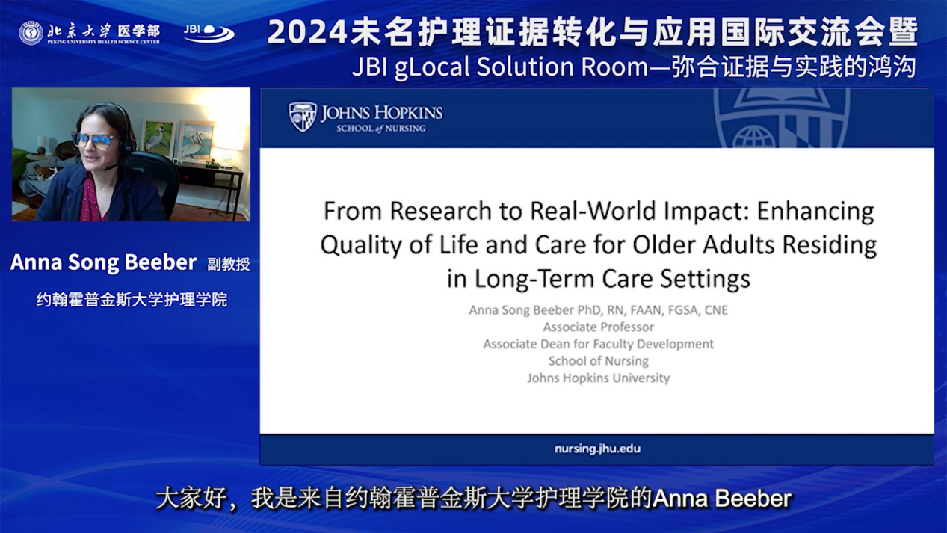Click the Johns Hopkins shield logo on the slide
click(x=302, y=117)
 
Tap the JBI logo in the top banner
click(x=209, y=33)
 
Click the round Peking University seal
click(x=31, y=33)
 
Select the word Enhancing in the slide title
click(x=815, y=212)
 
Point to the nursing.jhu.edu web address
click(x=597, y=449)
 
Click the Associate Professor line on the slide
click(x=598, y=327)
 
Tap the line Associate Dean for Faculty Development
click(x=598, y=344)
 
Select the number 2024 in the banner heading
click(x=307, y=32)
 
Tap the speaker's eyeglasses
click(x=93, y=141)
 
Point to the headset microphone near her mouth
click(x=111, y=167)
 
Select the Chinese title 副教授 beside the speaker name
click(x=228, y=264)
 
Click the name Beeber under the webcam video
click(x=161, y=262)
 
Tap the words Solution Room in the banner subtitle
click(x=562, y=67)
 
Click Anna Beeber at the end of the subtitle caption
click(x=722, y=499)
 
